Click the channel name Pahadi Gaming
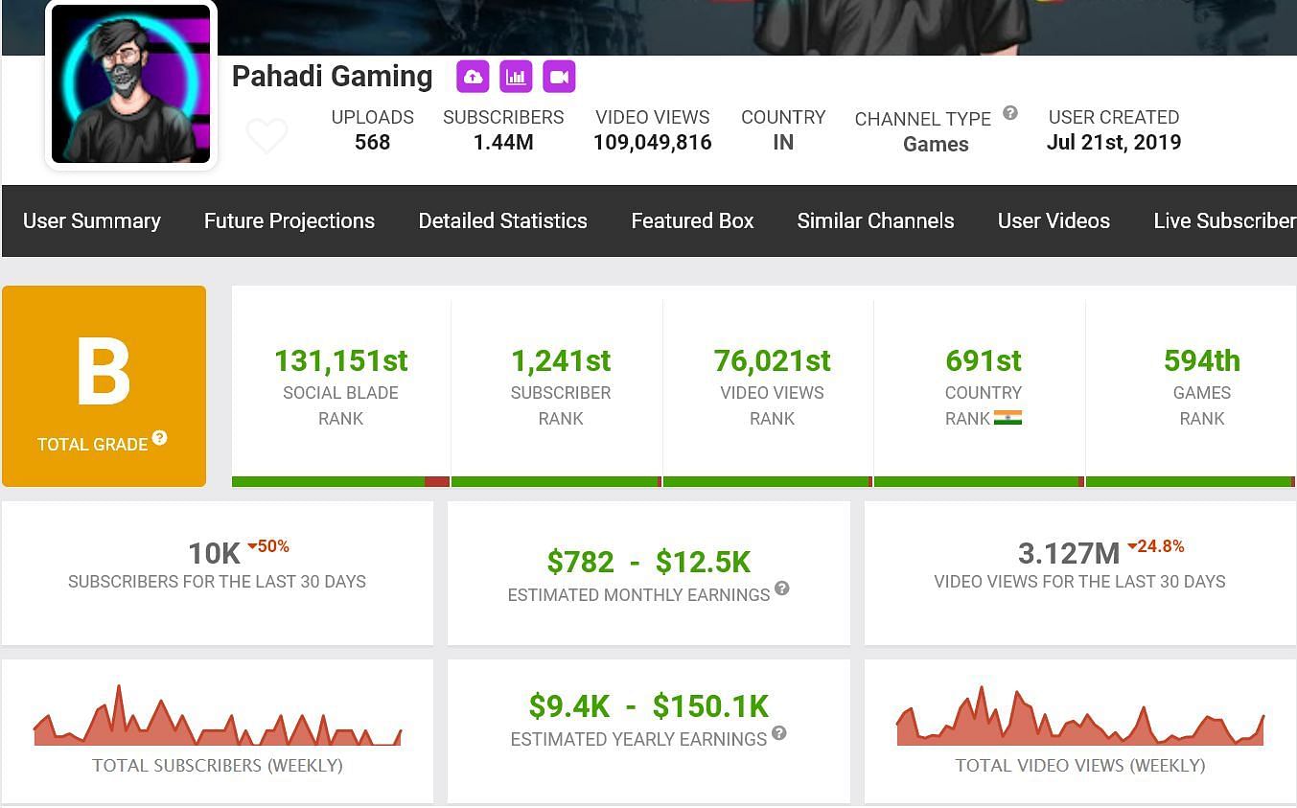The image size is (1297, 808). (x=332, y=77)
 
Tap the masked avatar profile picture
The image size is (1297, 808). (x=130, y=83)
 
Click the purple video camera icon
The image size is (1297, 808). (x=559, y=77)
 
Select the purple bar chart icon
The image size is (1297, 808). (x=516, y=77)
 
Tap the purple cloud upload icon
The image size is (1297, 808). (x=473, y=77)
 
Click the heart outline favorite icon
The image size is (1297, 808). (x=266, y=136)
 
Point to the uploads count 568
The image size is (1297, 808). (x=372, y=143)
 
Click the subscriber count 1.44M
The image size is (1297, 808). (x=503, y=143)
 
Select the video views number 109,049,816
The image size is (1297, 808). (x=652, y=143)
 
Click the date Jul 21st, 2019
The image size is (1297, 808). (x=1113, y=143)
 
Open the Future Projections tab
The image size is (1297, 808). (x=289, y=220)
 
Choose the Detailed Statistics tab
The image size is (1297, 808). (x=502, y=220)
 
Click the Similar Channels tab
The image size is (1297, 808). (x=875, y=220)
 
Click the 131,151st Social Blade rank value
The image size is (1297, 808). (x=340, y=361)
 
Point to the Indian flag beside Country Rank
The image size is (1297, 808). (x=1007, y=418)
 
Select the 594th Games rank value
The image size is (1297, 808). (x=1201, y=361)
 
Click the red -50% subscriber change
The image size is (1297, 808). (x=268, y=546)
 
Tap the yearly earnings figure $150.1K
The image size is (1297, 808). (x=710, y=706)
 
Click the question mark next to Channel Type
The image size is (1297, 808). (x=1010, y=113)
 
